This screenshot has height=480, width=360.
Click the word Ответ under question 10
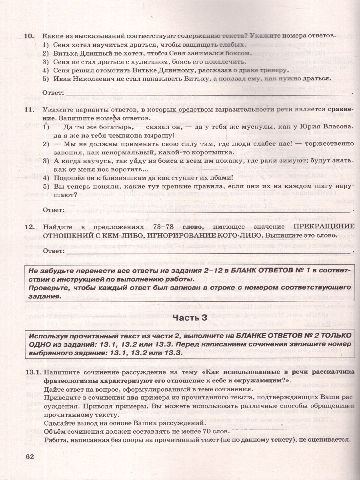53,93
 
